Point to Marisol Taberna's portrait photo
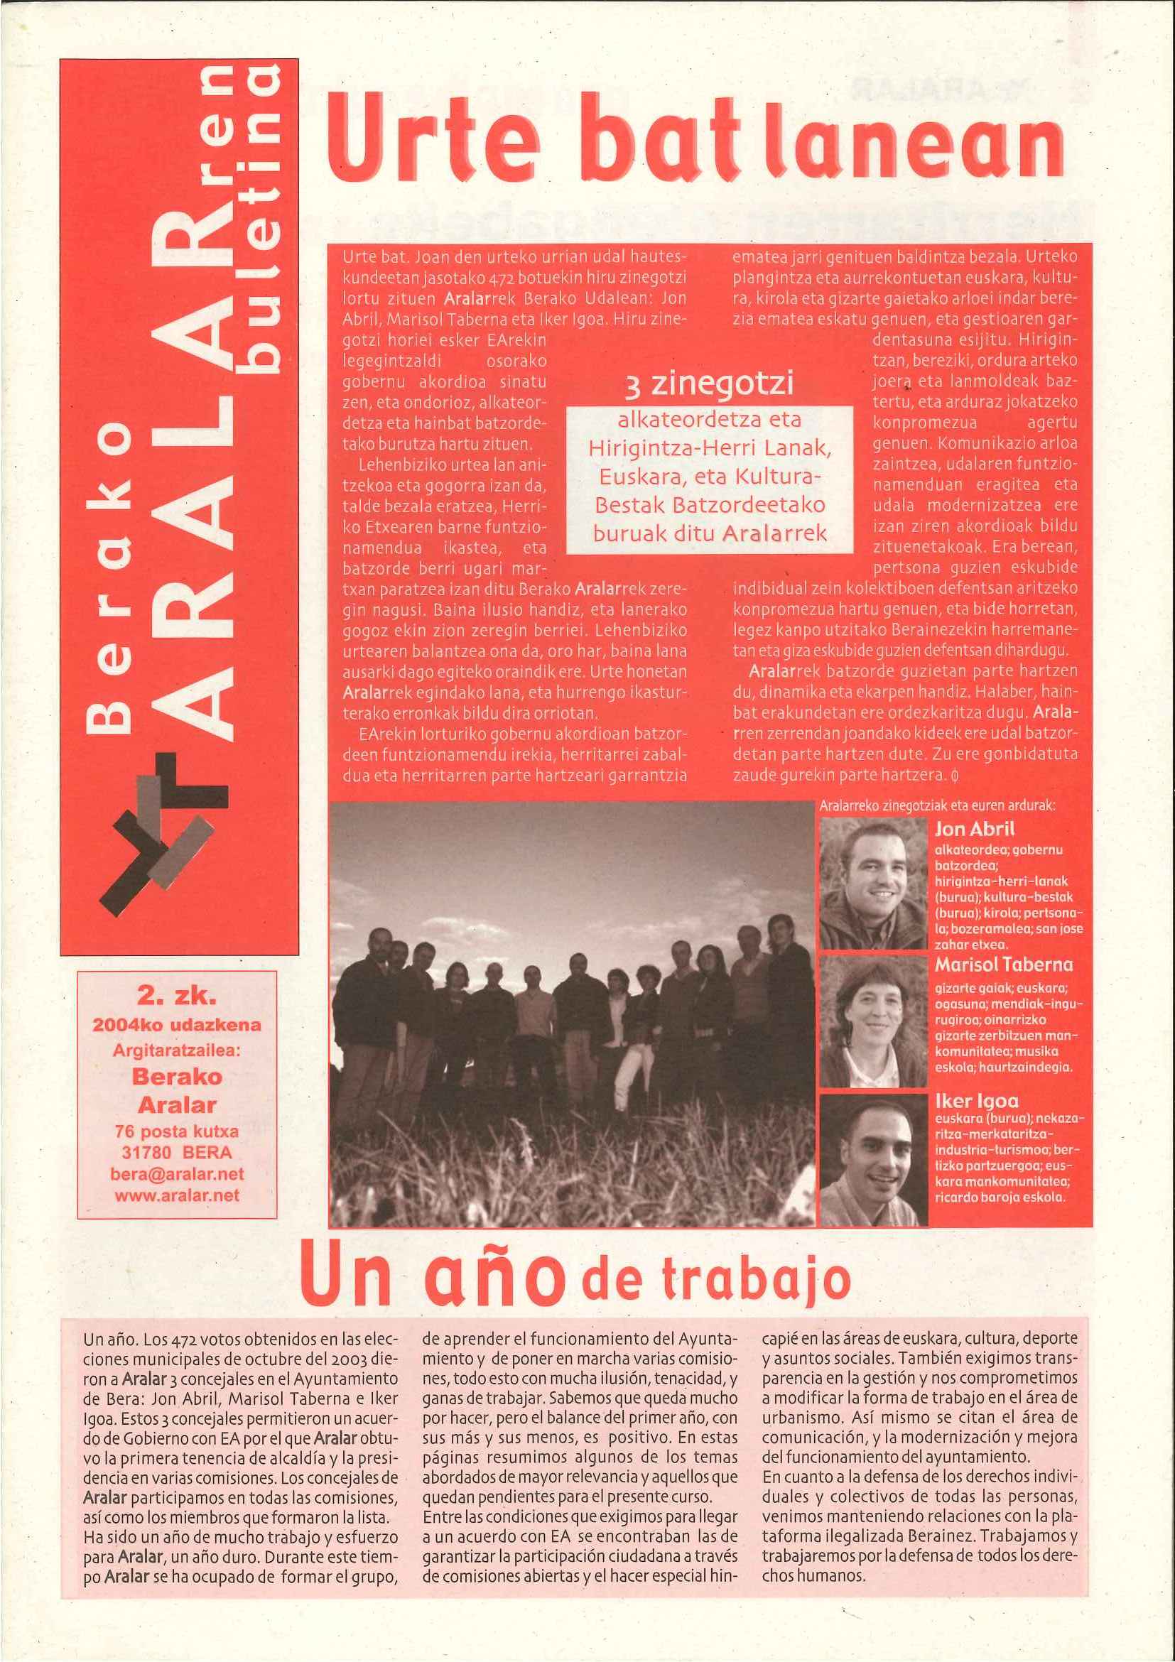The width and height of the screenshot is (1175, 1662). point(873,1021)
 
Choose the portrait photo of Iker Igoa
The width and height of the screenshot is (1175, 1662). point(873,1158)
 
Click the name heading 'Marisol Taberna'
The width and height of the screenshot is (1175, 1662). point(1003,965)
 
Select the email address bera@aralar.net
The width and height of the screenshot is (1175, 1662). point(177,1174)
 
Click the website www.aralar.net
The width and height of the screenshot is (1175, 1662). point(177,1195)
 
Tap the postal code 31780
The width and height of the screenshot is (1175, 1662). point(146,1153)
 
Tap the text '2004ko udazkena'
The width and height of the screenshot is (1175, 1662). point(177,1026)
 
